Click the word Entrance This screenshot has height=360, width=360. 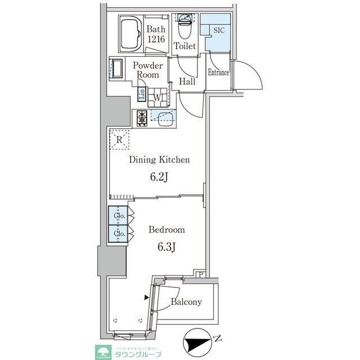click(x=218, y=73)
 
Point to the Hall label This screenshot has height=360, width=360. click(x=187, y=82)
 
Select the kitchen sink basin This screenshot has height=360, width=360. click(x=165, y=118)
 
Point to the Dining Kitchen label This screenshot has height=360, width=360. click(x=159, y=160)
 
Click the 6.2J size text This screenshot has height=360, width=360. click(x=159, y=178)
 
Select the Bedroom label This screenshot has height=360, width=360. click(x=166, y=229)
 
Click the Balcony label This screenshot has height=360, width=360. click(x=186, y=302)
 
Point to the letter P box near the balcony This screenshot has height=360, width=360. click(x=201, y=274)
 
